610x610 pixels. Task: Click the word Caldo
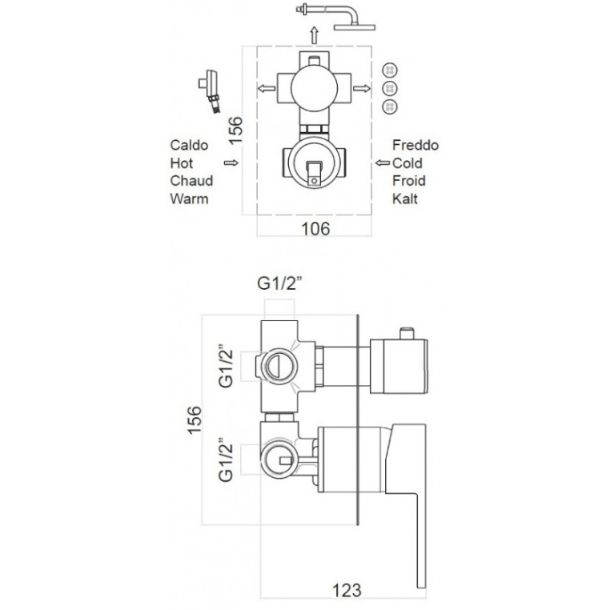pos(189,145)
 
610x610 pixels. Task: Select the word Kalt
pos(404,199)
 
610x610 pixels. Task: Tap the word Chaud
pos(191,181)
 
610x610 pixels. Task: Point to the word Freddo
pos(415,145)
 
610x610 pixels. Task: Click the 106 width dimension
pos(315,229)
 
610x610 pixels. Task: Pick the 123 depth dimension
pos(347,590)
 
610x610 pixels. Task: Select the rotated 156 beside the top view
pos(235,130)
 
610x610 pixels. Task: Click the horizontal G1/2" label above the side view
pos(279,283)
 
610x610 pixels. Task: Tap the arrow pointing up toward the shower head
pos(315,35)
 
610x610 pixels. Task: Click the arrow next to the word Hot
pos(231,163)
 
